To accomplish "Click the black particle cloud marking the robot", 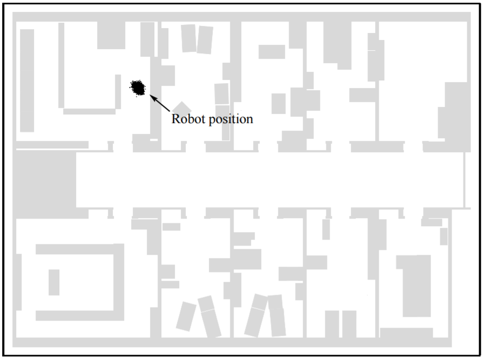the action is point(138,87).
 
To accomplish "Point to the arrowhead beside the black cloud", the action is point(152,98).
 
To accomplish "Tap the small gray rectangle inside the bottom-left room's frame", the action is point(54,282).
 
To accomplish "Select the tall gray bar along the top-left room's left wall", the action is point(27,80).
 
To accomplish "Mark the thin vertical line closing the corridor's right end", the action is point(464,180).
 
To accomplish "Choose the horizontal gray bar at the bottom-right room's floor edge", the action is point(406,332).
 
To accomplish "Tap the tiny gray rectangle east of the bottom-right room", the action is point(444,236).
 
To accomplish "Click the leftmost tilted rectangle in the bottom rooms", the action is point(186,316).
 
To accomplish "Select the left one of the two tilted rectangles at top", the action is point(188,38).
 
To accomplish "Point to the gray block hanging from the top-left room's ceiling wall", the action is point(111,36).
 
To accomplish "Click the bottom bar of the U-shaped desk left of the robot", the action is point(89,111).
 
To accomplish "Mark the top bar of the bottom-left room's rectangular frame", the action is point(76,249).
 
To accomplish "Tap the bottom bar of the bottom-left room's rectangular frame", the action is point(76,315).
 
